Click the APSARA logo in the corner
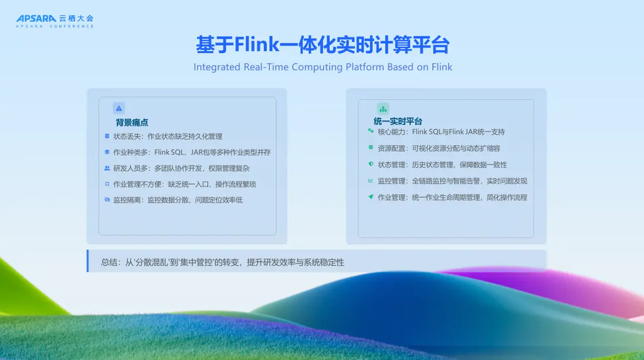pos(55,21)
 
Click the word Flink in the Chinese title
pos(257,45)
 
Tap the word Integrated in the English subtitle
pos(217,67)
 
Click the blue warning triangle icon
pos(118,108)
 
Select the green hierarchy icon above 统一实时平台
pos(383,109)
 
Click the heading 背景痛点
pos(132,123)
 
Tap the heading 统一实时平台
pos(398,121)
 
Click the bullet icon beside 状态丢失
pos(107,136)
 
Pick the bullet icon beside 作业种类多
pos(107,152)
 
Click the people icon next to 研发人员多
pos(107,168)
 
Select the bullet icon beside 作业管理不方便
pos(107,184)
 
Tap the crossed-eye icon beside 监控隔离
pos(107,200)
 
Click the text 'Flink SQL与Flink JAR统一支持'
pos(458,132)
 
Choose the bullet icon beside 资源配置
pos(371,147)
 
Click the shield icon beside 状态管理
pos(371,164)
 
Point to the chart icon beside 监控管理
pos(371,180)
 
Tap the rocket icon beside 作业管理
pos(371,196)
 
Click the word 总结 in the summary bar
pos(109,262)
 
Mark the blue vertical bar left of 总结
pos(87,261)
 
